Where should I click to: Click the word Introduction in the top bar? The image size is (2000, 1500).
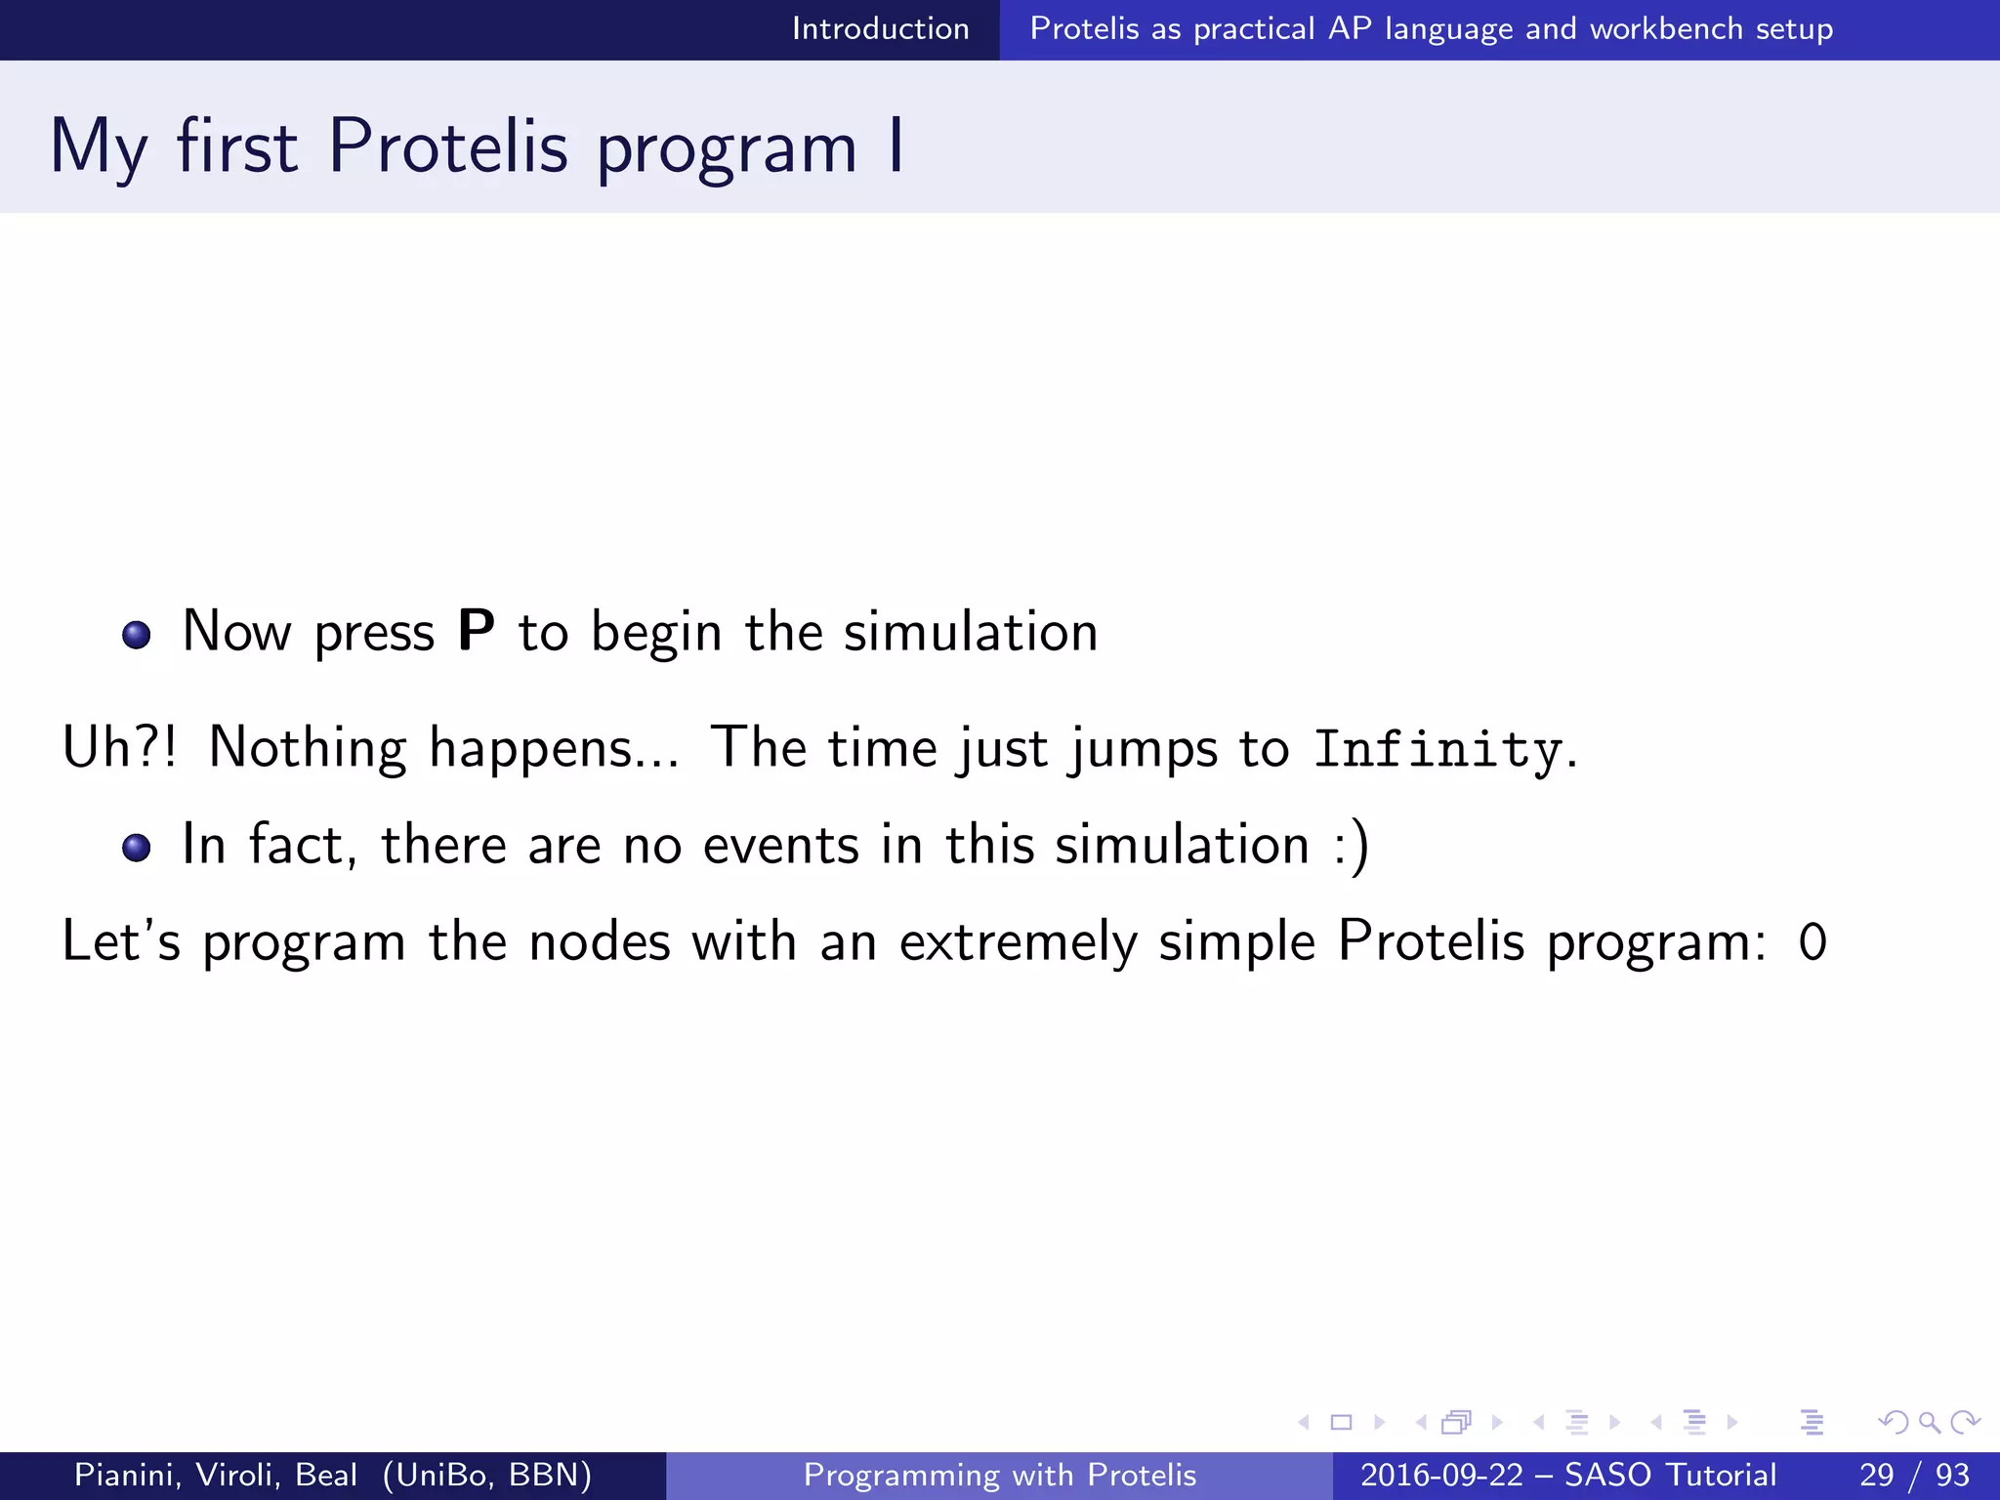880,28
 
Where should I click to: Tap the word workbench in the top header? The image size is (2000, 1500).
1665,28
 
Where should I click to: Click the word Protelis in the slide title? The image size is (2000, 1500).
447,146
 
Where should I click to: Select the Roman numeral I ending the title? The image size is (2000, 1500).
896,146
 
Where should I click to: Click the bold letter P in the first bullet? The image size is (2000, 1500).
476,631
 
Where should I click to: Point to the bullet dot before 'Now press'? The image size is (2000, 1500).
137,636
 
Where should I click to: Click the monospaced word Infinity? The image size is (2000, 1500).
1437,750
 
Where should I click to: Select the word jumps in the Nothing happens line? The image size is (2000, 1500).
1144,750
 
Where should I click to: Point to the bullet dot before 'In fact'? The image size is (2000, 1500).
137,847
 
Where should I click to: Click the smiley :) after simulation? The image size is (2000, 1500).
1353,846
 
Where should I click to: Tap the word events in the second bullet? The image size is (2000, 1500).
780,846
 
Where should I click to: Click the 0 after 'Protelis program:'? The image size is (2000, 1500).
1812,943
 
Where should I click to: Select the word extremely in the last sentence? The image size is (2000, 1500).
1018,943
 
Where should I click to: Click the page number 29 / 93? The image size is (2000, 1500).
1914,1475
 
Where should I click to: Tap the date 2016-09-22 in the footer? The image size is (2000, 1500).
1440,1475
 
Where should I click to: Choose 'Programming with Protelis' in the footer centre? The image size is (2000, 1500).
999,1475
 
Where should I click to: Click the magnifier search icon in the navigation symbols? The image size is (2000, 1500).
1929,1422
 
